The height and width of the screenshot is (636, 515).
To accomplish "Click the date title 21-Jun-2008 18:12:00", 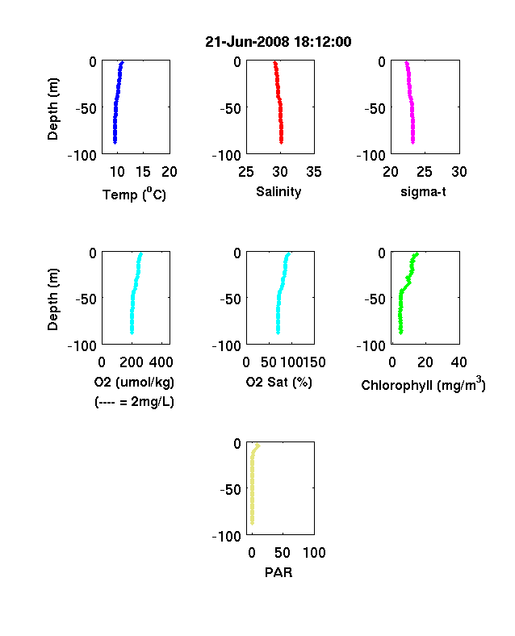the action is pos(278,42).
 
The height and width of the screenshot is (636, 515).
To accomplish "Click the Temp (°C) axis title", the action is pos(134,195).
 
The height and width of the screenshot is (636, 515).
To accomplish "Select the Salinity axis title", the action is pos(278,191).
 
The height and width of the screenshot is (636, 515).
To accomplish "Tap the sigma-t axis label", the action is pos(423,191).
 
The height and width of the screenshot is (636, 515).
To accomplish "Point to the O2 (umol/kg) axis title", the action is pos(134,382).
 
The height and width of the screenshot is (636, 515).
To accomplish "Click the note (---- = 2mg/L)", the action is pos(134,402).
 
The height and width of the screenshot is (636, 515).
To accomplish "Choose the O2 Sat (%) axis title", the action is pos(279,382).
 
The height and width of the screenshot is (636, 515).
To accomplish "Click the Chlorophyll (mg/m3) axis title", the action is pos(423,384).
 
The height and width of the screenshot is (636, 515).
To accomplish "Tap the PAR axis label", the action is pos(278,572).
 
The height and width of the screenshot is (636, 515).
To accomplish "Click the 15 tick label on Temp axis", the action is pos(143,172).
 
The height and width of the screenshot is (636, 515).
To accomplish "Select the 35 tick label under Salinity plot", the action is pos(314,172).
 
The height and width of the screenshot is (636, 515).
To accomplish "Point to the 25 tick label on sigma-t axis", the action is pos(425,172).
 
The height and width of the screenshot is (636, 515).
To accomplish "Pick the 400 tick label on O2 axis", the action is pos(161,362).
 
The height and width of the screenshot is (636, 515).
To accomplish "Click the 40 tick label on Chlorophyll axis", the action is pos(458,362).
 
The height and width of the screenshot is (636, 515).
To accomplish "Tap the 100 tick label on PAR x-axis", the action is pos(314,553).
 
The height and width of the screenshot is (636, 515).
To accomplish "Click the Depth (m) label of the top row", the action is pos(52,109).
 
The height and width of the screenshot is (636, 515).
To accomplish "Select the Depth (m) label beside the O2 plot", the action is pos(52,299).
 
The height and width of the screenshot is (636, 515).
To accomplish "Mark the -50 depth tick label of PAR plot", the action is pos(230,490).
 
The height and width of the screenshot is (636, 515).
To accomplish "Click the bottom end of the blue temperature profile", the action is pos(115,142).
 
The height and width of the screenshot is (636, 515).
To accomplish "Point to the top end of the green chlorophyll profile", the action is pos(417,254).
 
